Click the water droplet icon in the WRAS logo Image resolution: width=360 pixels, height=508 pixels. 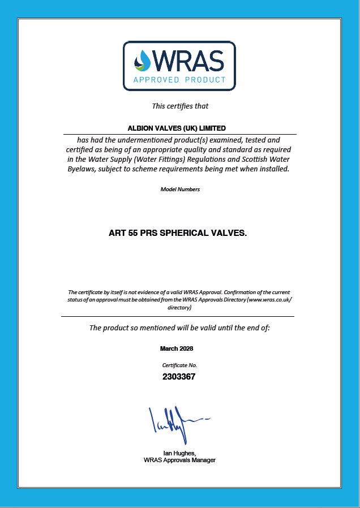point(143,61)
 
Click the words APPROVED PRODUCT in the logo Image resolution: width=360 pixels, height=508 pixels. point(179,80)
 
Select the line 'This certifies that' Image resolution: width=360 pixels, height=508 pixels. point(180,106)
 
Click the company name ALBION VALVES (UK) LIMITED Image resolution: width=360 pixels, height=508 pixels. point(179,128)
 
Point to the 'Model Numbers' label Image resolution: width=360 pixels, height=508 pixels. point(180,190)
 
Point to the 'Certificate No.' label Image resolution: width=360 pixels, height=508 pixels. point(179,365)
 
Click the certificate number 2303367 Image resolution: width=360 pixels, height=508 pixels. point(179,376)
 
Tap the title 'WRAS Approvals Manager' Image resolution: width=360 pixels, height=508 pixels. point(179,460)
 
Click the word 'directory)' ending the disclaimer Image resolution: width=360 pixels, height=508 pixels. point(179,308)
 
